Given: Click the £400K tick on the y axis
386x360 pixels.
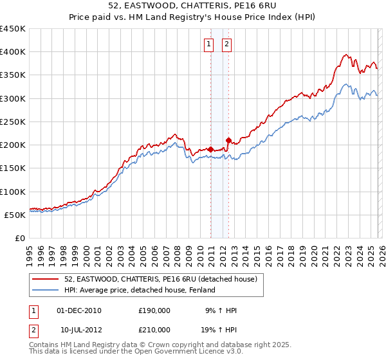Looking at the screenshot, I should click(13, 52).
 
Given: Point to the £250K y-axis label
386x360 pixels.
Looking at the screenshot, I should click(13, 122).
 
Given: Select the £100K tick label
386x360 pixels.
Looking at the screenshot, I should click(13, 192).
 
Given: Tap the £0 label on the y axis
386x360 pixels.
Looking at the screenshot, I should click(21, 238).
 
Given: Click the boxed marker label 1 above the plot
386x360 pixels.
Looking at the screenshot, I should click(210, 44).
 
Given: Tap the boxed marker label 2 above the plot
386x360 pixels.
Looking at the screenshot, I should click(228, 44).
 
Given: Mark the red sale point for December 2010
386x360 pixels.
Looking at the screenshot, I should click(210, 149).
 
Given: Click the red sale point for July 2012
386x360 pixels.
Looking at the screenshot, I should click(228, 140).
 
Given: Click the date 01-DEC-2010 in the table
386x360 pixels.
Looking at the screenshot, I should click(79, 310).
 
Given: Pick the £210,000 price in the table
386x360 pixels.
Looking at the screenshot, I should click(154, 329).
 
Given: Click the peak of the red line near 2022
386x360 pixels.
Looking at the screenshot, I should click(346, 55).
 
